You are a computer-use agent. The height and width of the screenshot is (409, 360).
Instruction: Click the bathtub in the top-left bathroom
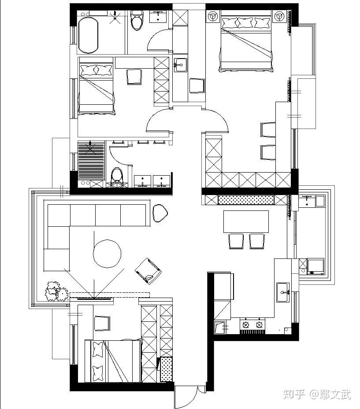coord(89,35)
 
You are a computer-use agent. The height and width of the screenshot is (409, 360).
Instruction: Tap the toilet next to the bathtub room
coord(137,20)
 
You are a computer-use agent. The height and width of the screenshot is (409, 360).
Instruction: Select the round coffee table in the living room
coord(107,254)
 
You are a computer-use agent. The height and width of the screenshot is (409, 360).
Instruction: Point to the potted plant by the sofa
coord(56,291)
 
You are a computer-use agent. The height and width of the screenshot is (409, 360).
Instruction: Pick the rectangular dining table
coord(246,221)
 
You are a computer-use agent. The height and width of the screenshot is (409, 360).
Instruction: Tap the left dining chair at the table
coord(236,241)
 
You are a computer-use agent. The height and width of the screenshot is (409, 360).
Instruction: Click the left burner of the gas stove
coord(246,325)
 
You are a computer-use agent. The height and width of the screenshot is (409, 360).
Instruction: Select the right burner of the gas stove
coord(259,325)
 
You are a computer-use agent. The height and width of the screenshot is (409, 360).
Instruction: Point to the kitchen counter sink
coord(283,292)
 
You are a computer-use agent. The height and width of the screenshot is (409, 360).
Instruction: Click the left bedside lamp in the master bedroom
coord(213,17)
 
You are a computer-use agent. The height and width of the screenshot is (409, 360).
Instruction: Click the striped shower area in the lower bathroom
coord(91,161)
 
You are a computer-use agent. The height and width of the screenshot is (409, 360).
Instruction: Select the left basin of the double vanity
coord(142,181)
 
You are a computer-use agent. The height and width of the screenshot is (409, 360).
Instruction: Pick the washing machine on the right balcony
coord(315,266)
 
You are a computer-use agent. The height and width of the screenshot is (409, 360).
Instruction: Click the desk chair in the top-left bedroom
coord(135,77)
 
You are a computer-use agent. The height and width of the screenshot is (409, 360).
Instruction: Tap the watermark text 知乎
coord(294,394)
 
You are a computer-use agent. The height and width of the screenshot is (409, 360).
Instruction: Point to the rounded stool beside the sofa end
coord(160,213)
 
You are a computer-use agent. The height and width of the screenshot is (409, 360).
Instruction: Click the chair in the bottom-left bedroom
coord(102,324)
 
